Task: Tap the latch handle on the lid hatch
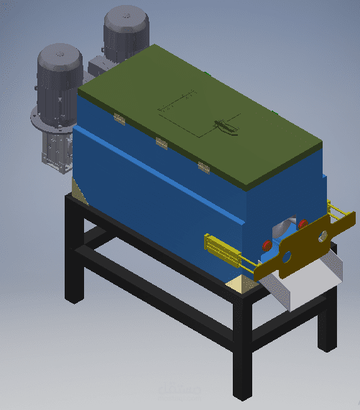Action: pos(226,126)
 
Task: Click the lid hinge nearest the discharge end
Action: pos(203,168)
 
